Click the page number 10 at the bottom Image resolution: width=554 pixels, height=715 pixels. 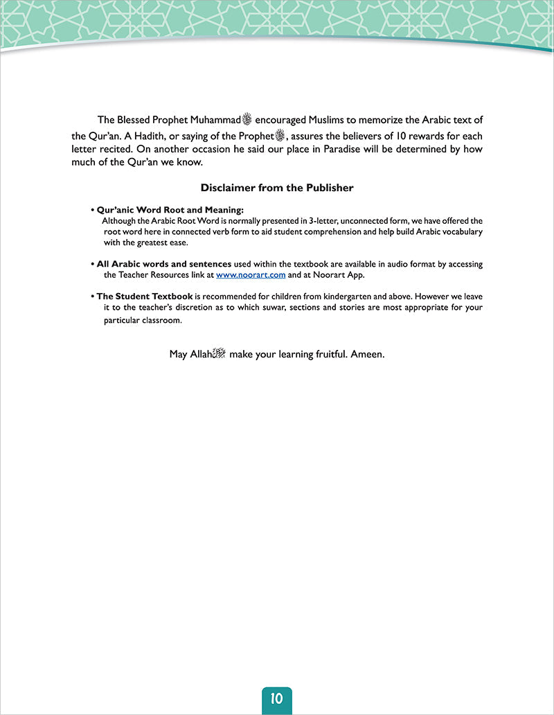277,698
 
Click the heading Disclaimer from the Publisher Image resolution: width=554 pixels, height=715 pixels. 277,188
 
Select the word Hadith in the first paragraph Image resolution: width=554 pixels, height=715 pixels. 142,136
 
